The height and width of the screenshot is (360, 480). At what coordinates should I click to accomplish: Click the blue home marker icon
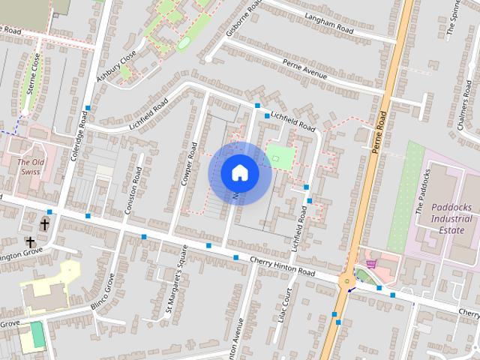pos(239,173)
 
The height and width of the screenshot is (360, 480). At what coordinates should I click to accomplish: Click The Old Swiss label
pos(31,167)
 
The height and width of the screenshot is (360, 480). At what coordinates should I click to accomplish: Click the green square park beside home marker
pos(279,157)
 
